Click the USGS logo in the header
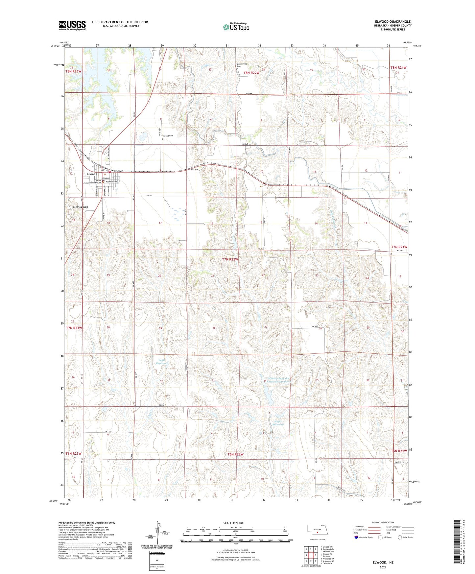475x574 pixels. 72,25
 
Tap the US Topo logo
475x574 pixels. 236,27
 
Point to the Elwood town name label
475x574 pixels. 92,174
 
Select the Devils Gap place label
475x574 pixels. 81,207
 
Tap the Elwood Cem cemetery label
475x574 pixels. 168,135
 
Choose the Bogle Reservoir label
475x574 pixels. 162,362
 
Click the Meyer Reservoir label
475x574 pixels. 278,423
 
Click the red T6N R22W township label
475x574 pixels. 235,454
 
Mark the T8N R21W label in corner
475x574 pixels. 398,68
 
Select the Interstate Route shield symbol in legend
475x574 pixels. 357,537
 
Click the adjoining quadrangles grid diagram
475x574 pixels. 311,555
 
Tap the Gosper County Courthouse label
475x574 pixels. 93,181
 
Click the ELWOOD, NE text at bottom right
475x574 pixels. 383,562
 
